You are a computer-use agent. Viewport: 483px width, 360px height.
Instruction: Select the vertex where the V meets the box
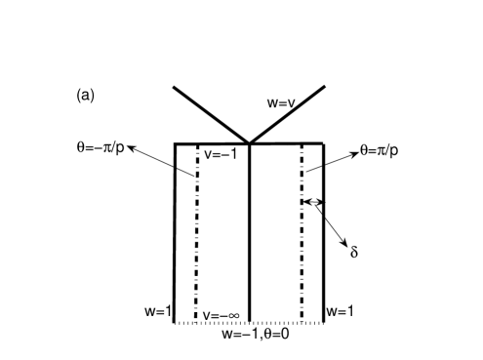click(250, 144)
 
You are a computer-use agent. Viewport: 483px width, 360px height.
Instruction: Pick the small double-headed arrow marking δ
click(313, 203)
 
